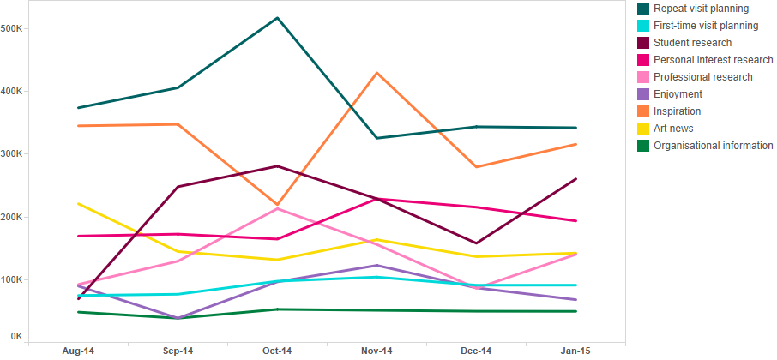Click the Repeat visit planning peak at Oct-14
point(278,18)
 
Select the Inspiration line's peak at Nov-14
point(377,74)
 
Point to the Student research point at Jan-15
point(575,179)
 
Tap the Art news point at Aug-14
point(78,203)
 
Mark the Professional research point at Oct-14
point(278,208)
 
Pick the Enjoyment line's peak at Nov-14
point(377,266)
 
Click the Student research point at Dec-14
point(477,243)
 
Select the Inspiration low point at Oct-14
point(278,205)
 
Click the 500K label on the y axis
point(12,29)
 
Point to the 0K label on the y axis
point(16,336)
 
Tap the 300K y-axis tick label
point(12,154)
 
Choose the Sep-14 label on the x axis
point(178,351)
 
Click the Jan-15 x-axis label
point(575,351)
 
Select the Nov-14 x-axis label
point(377,351)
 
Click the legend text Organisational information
point(713,146)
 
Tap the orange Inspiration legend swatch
point(643,111)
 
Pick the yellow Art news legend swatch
point(643,129)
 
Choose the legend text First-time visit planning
point(706,26)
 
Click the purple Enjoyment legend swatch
point(643,94)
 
